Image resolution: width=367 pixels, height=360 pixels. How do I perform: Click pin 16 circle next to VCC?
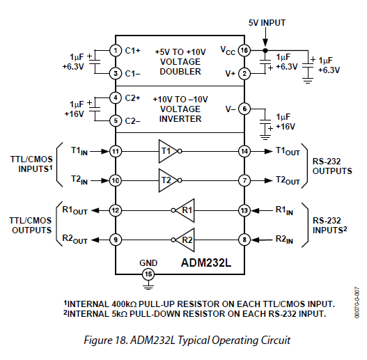(244, 50)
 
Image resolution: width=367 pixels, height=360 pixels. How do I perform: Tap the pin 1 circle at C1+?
(116, 50)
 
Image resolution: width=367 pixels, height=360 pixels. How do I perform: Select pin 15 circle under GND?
(148, 274)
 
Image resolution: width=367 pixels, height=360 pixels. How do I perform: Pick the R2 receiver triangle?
(185, 240)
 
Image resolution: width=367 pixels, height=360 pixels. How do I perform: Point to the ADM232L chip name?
(206, 263)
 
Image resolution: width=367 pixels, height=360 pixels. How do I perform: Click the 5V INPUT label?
(267, 23)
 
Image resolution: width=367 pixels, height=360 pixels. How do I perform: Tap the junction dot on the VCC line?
(265, 50)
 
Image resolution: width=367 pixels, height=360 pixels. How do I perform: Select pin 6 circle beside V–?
(244, 109)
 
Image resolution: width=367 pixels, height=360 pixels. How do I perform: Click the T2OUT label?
(288, 180)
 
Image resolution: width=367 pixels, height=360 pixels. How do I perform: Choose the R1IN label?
(284, 210)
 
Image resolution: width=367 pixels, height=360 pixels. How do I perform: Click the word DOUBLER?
(180, 72)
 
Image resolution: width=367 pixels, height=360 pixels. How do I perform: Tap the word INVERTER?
(180, 119)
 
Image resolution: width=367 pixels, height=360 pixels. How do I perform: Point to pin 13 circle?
(244, 210)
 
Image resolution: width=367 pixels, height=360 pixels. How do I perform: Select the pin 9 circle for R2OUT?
(116, 240)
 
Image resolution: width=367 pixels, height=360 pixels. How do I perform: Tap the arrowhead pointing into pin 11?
(106, 151)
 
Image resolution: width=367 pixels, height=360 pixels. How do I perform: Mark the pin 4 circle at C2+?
(116, 97)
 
